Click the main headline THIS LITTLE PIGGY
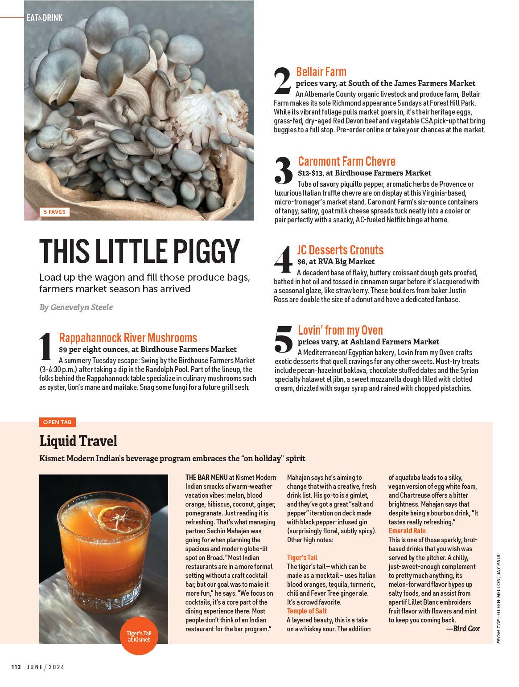pos(140,252)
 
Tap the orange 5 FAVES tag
pos(54,212)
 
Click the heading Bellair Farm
pos(321,72)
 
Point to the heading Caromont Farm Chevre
pos(346,161)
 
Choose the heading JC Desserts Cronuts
pos(340,250)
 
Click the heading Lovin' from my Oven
pos(340,330)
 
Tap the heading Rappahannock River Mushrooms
pos(128,338)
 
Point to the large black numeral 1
pos(46,348)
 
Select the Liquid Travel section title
pos(78,441)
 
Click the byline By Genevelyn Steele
pos(76,307)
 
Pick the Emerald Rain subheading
pos(407,531)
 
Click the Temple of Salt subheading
pos(307,611)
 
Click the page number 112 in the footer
pos(16,667)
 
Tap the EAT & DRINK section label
pos(44,18)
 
